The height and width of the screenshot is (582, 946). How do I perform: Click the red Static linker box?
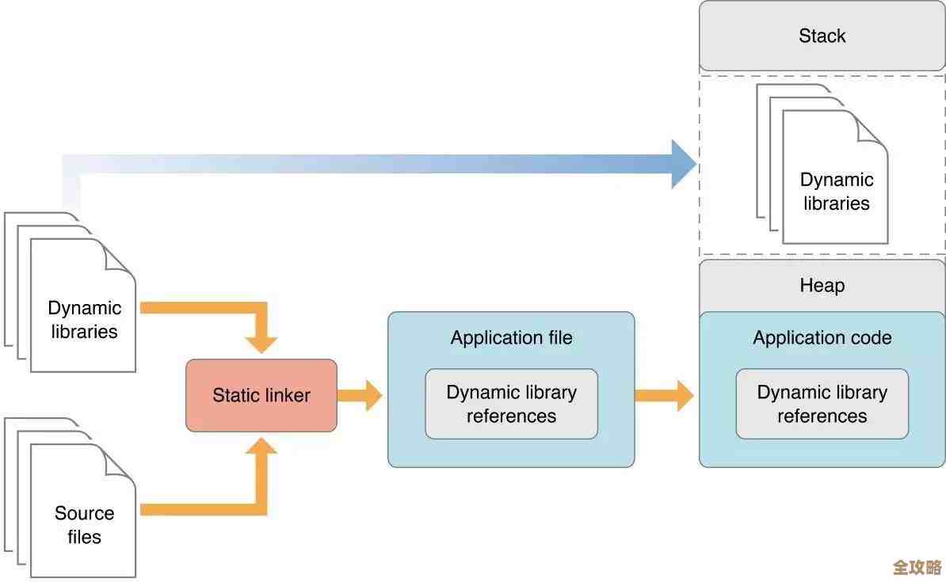261,396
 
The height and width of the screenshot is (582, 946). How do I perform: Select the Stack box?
822,36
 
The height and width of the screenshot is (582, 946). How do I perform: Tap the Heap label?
822,285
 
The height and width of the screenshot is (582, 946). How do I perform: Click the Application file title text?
511,338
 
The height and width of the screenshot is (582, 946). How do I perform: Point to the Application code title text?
822,338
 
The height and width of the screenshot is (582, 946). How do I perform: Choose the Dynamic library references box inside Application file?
511,404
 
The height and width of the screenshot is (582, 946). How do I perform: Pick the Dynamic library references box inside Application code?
822,404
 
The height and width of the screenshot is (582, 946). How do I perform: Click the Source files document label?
84,525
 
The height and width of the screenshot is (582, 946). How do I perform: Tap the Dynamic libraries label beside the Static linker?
84,320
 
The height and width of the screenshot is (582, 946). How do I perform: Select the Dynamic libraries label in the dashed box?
836,192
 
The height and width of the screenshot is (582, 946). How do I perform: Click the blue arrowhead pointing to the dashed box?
683,164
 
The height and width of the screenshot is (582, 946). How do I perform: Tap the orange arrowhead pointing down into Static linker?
261,344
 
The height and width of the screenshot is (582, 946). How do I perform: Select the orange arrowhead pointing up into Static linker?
261,448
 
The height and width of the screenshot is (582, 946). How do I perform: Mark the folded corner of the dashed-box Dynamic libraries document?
873,127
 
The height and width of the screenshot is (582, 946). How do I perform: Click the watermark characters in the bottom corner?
917,568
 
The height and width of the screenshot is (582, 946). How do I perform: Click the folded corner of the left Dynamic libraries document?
121,255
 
